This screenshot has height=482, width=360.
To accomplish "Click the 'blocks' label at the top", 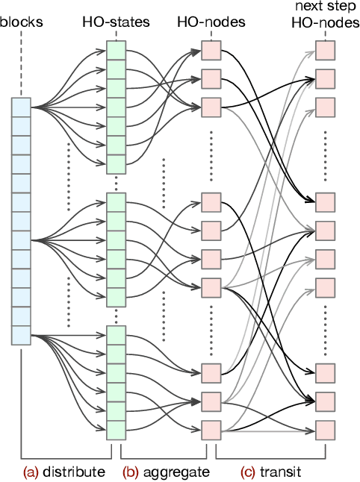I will point(22,22).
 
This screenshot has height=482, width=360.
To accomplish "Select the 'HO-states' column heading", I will point(116,22).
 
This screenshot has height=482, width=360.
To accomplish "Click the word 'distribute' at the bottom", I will point(75,472).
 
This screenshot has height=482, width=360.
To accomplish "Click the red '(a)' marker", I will point(31,472).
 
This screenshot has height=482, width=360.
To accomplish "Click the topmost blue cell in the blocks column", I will point(21,107).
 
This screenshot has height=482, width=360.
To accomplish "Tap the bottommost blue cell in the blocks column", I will point(21,335).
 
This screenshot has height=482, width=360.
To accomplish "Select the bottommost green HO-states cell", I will point(116,431).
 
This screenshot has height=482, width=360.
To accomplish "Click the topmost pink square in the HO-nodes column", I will point(211,50).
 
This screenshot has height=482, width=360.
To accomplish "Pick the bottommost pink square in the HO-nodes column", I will point(211,430).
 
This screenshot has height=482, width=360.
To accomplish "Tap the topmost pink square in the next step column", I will point(325,50).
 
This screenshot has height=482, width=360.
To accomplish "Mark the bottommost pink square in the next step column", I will point(325,430).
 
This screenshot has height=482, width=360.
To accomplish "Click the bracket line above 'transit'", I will point(270,457).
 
